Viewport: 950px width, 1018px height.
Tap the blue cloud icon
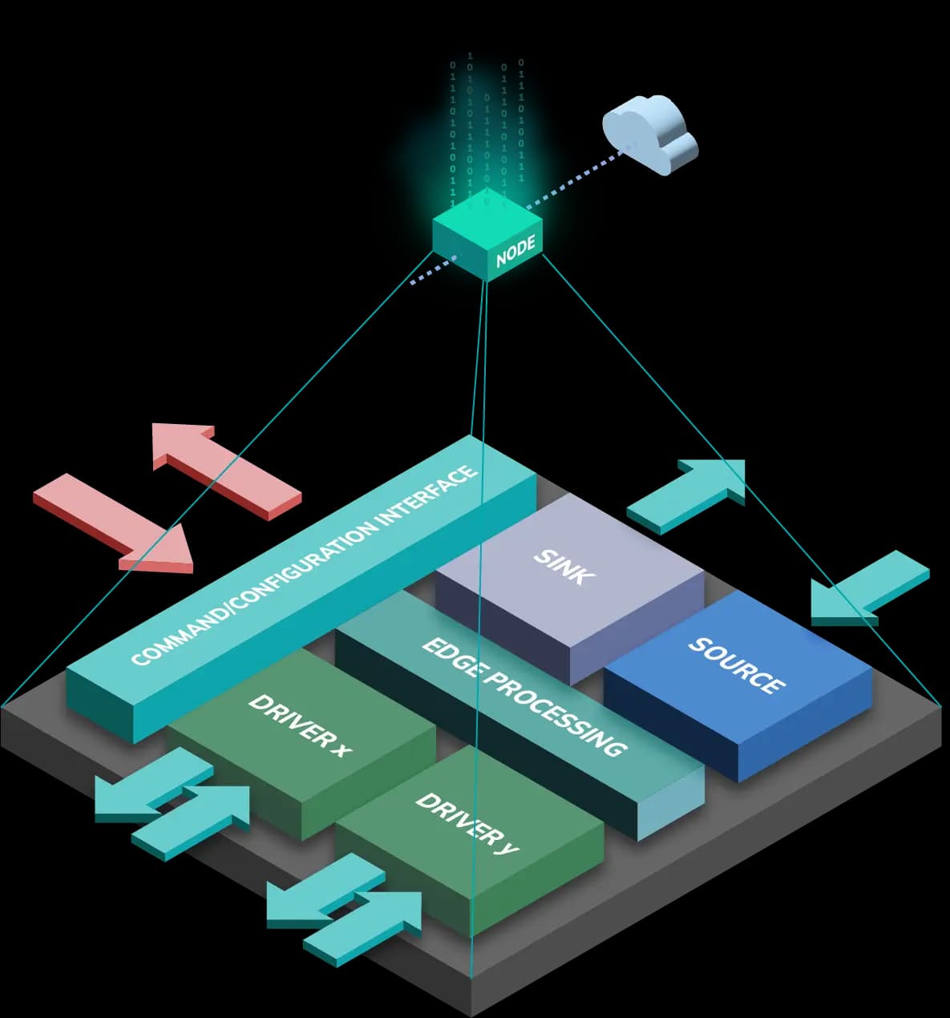[x=649, y=133]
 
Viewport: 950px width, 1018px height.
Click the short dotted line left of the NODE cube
[x=433, y=270]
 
